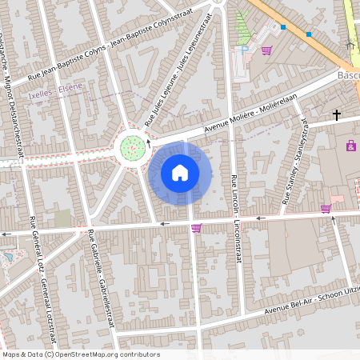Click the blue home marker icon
click(180, 172)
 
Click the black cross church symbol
click(337, 115)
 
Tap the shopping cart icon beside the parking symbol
click(266, 50)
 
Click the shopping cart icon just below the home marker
click(196, 228)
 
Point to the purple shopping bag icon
click(350, 146)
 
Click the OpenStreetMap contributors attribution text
click(81, 354)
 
